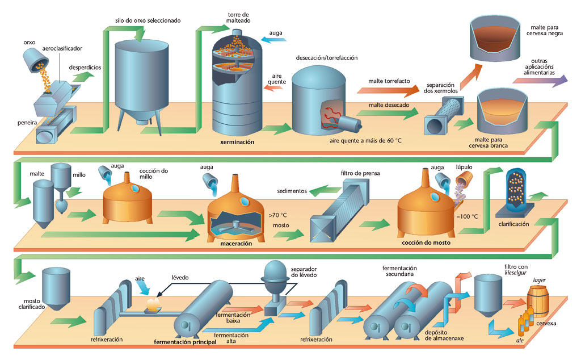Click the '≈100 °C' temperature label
(468, 216)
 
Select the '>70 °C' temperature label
(277, 215)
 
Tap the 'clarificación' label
(513, 224)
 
